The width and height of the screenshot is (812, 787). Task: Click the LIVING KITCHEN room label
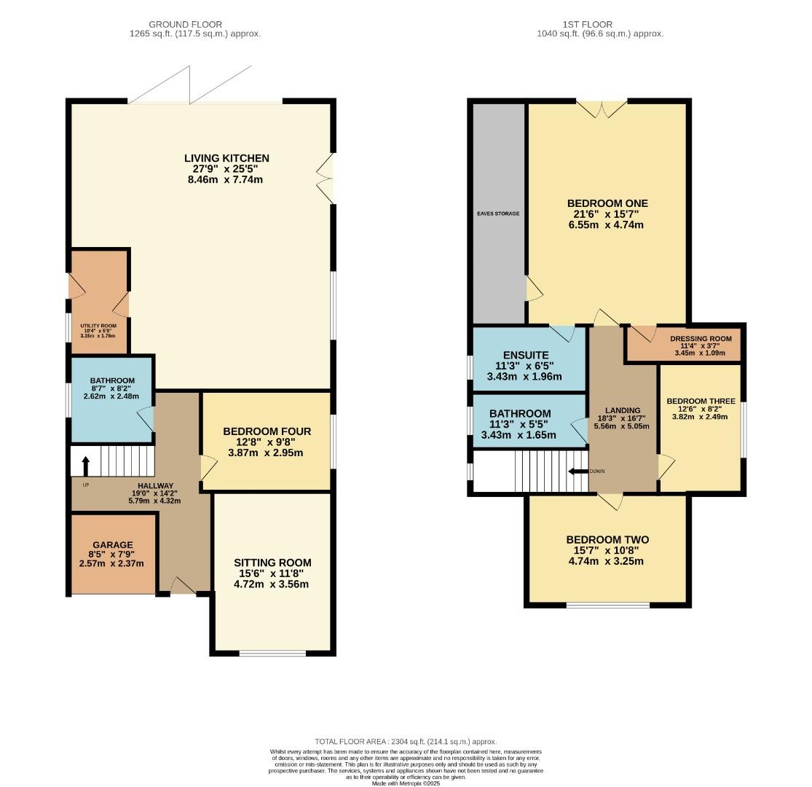(226, 158)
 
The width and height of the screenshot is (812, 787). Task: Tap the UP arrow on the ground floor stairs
(86, 464)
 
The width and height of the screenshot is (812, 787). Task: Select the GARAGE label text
(113, 544)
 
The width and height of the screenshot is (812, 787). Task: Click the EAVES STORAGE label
(499, 214)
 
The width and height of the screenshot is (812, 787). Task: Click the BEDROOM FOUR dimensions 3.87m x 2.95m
(267, 453)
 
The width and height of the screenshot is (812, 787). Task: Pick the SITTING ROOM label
(272, 563)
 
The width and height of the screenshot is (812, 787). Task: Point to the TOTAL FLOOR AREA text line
(406, 741)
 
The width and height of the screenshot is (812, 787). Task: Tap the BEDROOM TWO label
(607, 540)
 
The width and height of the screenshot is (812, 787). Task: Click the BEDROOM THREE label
(701, 402)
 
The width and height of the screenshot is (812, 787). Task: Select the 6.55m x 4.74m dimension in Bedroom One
(607, 225)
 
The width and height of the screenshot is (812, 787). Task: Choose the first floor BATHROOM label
(519, 414)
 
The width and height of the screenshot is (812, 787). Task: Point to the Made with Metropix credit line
(406, 783)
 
